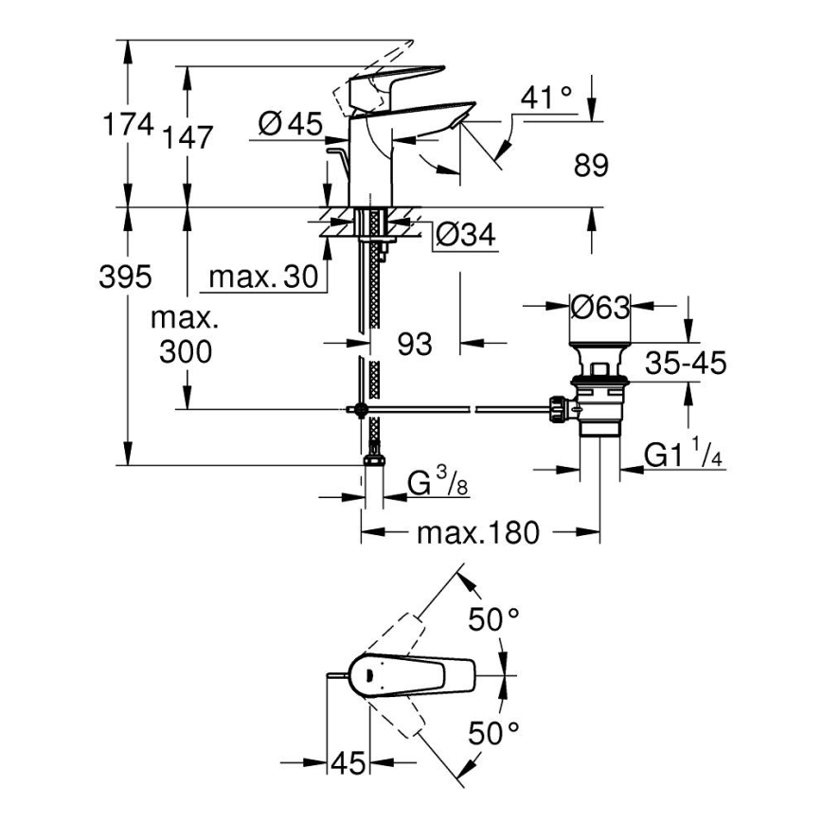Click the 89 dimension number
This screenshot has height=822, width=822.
591,165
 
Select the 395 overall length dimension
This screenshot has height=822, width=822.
125,277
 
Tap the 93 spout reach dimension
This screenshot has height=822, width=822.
414,344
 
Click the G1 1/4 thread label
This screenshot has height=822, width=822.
684,456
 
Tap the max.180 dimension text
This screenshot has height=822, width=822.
477,533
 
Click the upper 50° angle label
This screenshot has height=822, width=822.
496,619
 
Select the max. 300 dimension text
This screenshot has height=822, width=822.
186,335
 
